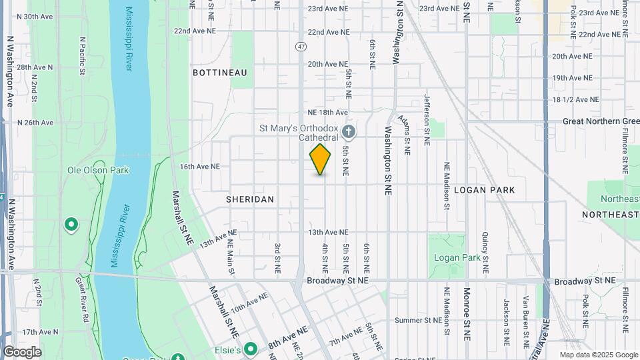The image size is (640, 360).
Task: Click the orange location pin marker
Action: (320, 159)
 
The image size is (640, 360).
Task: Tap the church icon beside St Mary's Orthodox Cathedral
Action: (348, 130)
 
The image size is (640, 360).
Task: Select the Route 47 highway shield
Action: (301, 47)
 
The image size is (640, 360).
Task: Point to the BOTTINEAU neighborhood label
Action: (220, 72)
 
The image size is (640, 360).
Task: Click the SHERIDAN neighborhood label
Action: (250, 199)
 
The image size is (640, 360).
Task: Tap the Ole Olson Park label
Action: (98, 170)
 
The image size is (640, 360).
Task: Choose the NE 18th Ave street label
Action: (328, 113)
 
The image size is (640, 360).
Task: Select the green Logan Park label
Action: (457, 257)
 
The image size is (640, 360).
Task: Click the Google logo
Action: (22, 352)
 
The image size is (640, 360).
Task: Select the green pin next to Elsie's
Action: (251, 349)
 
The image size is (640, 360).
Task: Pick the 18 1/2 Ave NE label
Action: (575, 100)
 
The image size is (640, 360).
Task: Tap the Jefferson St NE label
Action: (427, 120)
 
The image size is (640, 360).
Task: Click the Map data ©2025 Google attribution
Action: (599, 355)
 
